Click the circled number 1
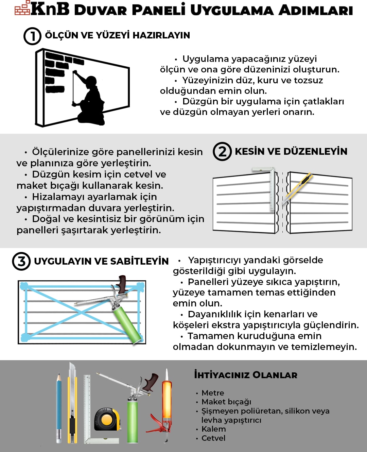point(32,36)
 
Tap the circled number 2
point(222,151)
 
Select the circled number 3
point(21,261)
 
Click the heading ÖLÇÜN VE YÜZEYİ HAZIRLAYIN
point(117,35)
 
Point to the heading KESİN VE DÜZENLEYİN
point(291,151)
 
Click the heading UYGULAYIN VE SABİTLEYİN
point(101,261)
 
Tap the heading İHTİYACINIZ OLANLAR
point(245,375)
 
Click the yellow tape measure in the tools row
point(107,420)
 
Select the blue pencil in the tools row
point(59,408)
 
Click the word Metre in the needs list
point(213,393)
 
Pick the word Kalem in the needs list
point(213,429)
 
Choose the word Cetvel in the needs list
point(213,438)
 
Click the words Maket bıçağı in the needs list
point(226,402)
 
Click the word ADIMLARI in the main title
point(315,10)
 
